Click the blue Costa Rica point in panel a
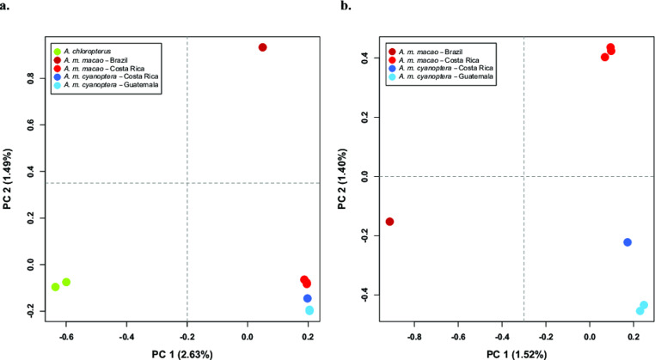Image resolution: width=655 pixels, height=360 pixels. tap(308, 298)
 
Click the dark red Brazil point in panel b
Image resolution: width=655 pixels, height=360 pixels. tap(389, 222)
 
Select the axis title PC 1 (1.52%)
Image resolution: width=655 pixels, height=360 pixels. tap(523, 352)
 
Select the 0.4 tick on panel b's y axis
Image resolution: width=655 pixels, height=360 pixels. tap(364, 58)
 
